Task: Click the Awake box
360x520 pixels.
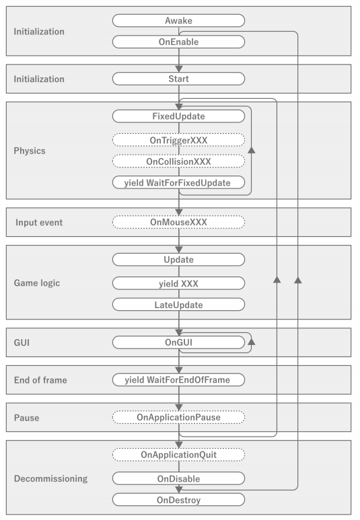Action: coord(178,20)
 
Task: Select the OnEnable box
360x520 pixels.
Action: coord(178,42)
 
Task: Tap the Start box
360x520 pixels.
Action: coord(178,79)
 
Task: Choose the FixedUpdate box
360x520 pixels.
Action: coord(178,116)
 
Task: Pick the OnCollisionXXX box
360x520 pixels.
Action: coord(178,161)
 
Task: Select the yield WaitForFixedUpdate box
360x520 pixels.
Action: coord(178,183)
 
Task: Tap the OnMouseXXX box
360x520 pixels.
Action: coord(178,222)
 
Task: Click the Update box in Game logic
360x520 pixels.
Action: coord(178,260)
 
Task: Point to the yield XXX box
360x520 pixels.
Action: coord(178,283)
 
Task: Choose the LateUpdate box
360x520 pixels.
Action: coord(178,305)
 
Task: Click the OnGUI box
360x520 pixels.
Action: coord(178,342)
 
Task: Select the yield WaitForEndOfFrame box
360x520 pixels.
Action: coord(178,380)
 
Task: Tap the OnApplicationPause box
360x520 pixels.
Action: coord(178,417)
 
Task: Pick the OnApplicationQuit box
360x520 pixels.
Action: coord(178,455)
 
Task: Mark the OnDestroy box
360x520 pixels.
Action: coord(178,500)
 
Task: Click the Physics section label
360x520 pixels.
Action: coord(29,150)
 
